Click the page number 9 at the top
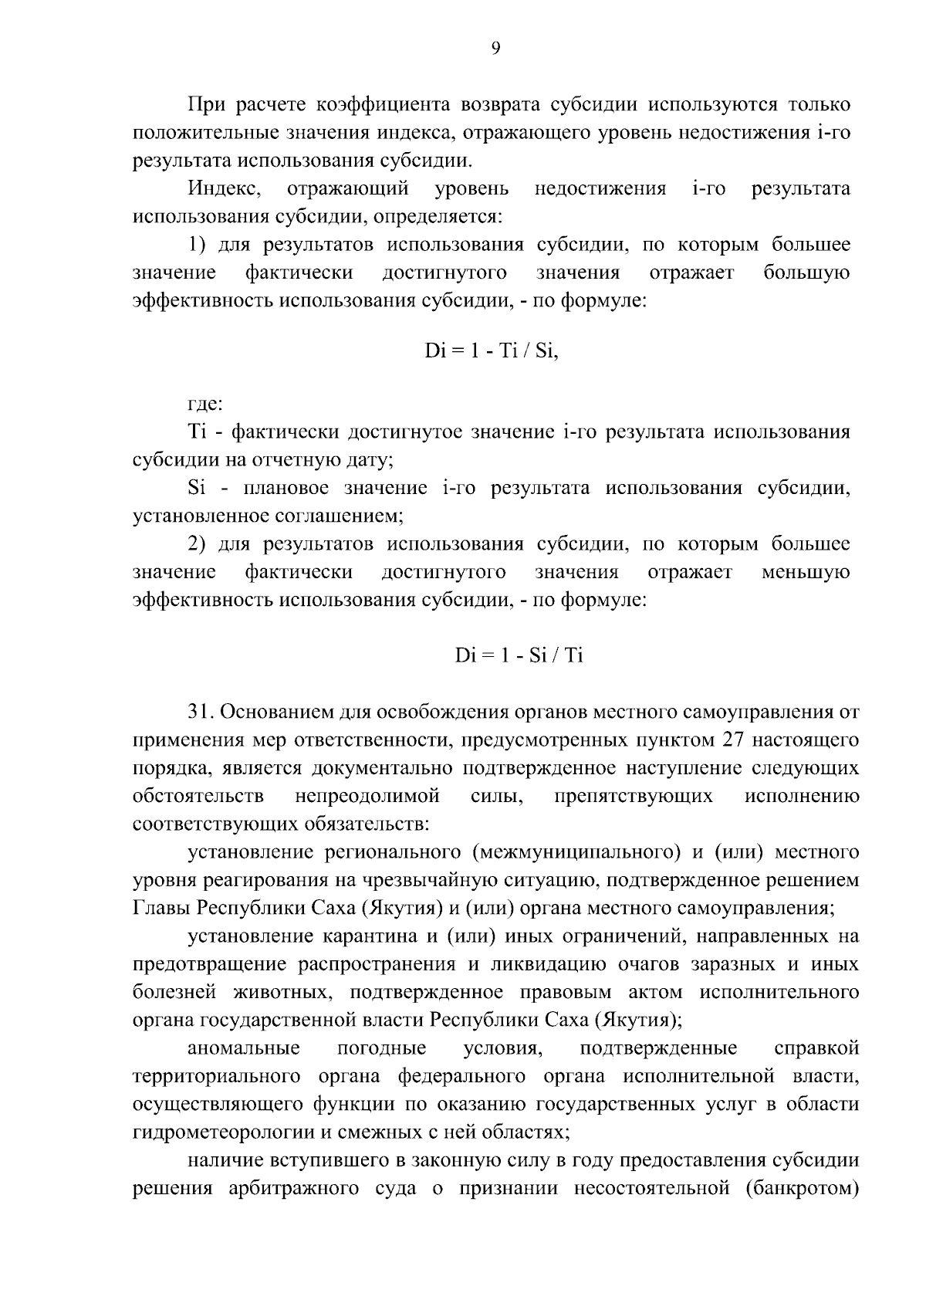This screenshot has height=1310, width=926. point(495,49)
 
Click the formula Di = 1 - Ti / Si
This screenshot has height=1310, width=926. point(491,351)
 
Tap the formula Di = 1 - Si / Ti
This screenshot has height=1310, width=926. point(519,656)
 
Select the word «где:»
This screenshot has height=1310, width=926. point(205,404)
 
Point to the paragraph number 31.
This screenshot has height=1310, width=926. point(199,712)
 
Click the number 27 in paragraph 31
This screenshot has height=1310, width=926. point(734,740)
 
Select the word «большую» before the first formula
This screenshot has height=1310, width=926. point(806,273)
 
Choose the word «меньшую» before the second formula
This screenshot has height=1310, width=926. point(806,573)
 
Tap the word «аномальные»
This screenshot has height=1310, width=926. point(243,1049)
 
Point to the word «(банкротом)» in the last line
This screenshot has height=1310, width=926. point(803,1189)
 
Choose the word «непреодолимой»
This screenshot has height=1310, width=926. point(368,796)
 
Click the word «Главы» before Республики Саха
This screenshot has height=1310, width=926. point(161,909)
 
